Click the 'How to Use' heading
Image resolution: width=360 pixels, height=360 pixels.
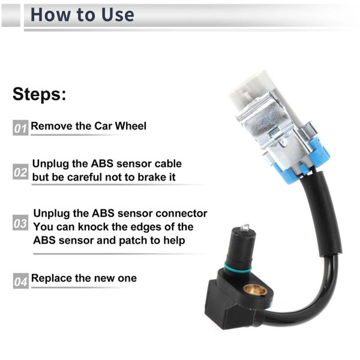point(82,14)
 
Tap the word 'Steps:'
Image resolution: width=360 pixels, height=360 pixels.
point(39,94)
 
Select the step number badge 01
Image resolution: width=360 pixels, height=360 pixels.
point(20,128)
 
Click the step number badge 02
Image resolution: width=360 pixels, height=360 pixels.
point(20,172)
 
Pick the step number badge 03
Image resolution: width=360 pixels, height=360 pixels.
point(20,223)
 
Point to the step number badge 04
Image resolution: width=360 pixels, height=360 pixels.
point(21,281)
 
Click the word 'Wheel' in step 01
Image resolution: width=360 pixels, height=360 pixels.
point(130,126)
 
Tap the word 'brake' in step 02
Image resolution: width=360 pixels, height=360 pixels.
point(151,177)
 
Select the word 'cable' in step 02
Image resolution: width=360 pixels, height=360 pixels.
point(168,164)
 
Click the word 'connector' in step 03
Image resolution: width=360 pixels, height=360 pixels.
point(181,213)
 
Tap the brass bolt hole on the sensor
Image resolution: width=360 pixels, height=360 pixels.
point(255,290)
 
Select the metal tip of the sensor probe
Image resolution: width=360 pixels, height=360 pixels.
point(245,228)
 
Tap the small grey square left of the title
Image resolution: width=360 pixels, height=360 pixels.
point(11,16)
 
